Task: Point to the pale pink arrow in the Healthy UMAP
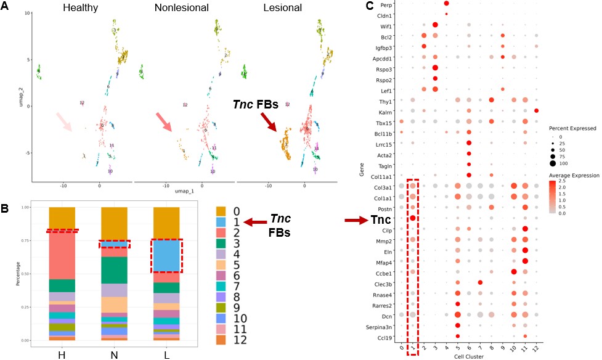tap(63, 121)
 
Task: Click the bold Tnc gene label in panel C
tap(383, 219)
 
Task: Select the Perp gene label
tap(386, 4)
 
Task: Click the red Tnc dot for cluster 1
tap(413, 218)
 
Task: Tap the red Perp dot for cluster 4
tap(446, 4)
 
